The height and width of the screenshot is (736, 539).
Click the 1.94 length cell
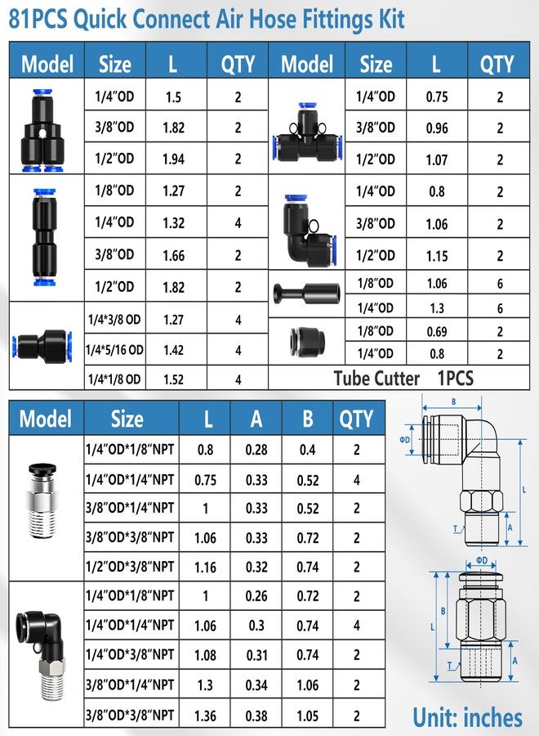tap(173, 159)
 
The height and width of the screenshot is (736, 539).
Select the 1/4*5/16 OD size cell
tap(114, 350)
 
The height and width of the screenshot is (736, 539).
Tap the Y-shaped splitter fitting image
tap(42, 130)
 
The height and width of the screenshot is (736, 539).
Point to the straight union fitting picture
tap(44, 237)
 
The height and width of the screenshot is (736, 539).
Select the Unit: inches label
tap(467, 717)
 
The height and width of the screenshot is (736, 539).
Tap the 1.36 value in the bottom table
tap(205, 716)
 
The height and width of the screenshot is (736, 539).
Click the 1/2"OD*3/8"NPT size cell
tap(130, 567)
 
